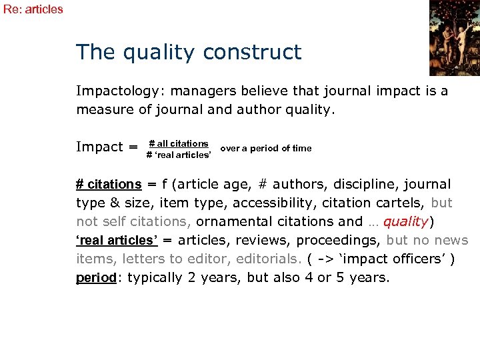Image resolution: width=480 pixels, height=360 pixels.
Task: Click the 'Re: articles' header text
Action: point(33,9)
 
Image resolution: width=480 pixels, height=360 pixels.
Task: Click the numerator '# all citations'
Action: point(179,143)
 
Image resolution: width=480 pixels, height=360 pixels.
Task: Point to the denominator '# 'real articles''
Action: point(179,155)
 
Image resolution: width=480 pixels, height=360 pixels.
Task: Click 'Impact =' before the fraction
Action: point(107,147)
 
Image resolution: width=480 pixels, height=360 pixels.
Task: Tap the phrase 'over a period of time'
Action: point(265,148)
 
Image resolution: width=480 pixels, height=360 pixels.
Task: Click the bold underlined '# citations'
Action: point(109,184)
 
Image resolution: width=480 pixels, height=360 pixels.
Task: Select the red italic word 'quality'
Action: point(405,221)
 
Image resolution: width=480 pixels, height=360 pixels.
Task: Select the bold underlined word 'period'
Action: point(96,277)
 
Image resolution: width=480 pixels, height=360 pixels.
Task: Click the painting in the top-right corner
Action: point(454,37)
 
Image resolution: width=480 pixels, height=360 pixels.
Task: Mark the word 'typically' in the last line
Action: point(155,277)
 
